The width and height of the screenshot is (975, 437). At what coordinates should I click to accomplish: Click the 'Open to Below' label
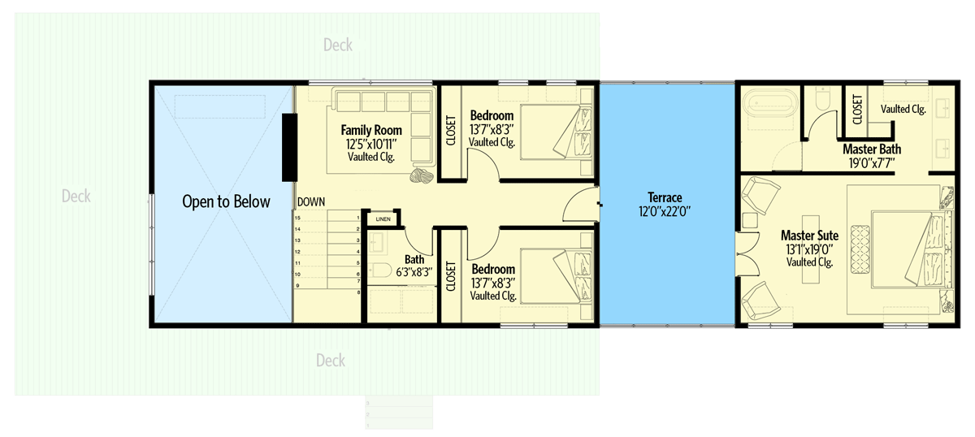point(226,201)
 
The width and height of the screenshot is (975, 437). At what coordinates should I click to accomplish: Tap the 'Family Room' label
point(371,130)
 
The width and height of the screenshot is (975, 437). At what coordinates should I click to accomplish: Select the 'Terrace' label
point(666,197)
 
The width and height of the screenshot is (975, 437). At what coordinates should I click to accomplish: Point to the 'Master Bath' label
point(871,149)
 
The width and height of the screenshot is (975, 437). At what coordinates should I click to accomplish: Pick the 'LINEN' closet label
point(383,218)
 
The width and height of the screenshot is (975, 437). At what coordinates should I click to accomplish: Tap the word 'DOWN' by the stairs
point(311,201)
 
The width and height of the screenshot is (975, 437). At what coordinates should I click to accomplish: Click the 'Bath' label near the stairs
point(414,261)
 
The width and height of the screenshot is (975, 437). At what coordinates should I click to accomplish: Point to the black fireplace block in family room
point(288,147)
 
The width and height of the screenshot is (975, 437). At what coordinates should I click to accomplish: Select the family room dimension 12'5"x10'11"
point(370,144)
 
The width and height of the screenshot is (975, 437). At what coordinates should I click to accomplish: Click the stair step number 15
point(297,218)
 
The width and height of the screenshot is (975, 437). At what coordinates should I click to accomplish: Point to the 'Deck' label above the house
point(337,45)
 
